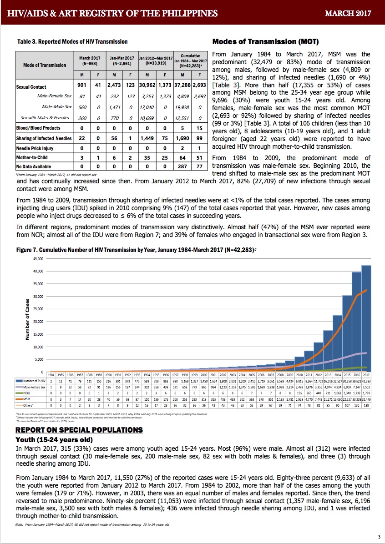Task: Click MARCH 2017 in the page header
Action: coord(348,13)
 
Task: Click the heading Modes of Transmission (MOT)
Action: coord(263,42)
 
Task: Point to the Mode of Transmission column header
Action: coord(45,65)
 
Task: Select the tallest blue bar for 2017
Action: coord(366,318)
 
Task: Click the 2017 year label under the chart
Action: coord(366,375)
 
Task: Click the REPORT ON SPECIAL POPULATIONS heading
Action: coord(79,430)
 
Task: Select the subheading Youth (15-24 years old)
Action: coord(55,440)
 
